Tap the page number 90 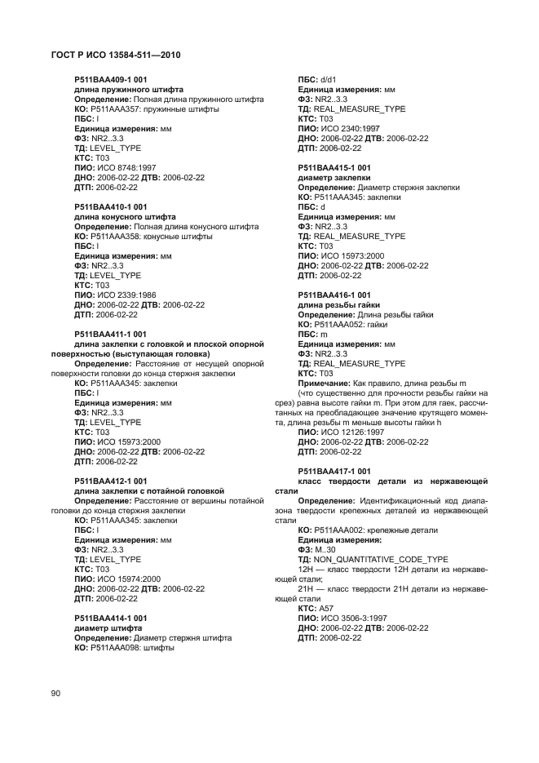pyautogui.click(x=56, y=693)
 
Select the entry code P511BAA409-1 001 pyautogui.click(x=110, y=79)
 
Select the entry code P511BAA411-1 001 pyautogui.click(x=110, y=334)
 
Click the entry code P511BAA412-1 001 pyautogui.click(x=110, y=481)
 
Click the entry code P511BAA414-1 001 pyautogui.click(x=110, y=618)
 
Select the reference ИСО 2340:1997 pyautogui.click(x=349, y=128)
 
